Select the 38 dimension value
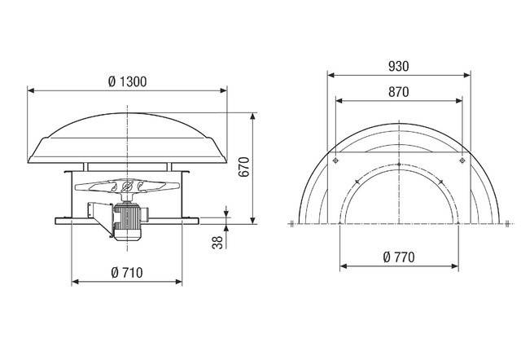(216, 242)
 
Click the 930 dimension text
(398, 64)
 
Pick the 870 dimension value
(398, 94)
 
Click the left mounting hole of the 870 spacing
(335, 162)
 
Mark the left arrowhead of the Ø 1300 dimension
(31, 90)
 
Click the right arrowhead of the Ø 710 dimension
(179, 282)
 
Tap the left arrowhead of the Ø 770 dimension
(343, 266)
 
